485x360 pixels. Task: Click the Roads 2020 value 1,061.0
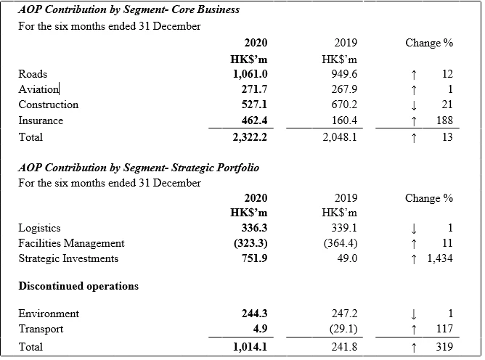pos(250,74)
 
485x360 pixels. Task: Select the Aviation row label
pos(38,89)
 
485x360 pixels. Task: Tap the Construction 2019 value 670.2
pos(344,105)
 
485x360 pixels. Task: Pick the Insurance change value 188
pos(444,120)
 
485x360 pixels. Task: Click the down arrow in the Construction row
pos(414,105)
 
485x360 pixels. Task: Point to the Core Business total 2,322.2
pos(250,137)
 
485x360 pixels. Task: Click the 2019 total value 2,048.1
pos(340,137)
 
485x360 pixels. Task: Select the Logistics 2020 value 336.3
pos(254,228)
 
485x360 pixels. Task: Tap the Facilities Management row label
pos(71,243)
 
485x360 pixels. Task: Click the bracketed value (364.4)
pos(341,243)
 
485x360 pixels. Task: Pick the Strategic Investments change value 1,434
pos(440,258)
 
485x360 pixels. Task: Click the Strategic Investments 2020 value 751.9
pos(254,258)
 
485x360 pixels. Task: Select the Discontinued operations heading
pos(78,286)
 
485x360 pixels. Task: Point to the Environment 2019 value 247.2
pos(344,314)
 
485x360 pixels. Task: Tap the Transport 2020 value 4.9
pos(260,329)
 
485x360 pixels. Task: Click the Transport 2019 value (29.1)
pos(343,329)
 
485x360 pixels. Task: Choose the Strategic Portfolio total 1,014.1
pos(250,347)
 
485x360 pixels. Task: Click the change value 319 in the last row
pos(444,347)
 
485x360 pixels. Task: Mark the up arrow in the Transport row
pos(414,330)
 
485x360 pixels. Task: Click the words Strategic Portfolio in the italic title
pos(216,168)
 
